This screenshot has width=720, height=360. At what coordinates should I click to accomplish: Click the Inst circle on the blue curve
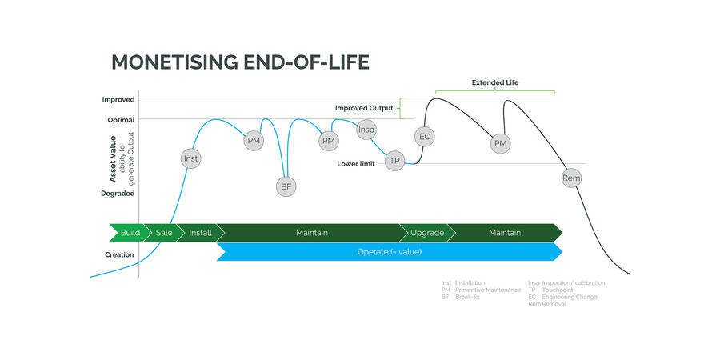[x=190, y=158]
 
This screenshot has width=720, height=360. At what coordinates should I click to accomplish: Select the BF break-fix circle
[x=286, y=186]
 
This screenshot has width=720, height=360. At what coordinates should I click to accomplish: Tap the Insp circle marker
[x=366, y=130]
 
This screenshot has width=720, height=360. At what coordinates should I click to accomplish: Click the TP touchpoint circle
[x=394, y=161]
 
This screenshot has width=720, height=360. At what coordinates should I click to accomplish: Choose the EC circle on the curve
[x=425, y=136]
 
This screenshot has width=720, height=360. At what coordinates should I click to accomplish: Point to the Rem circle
[x=571, y=178]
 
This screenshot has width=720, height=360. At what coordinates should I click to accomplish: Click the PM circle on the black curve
[x=501, y=143]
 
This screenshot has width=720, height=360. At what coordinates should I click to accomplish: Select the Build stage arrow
[x=129, y=233]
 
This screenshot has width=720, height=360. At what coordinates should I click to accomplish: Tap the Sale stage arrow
[x=163, y=233]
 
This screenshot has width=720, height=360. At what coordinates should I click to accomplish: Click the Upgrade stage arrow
[x=427, y=233]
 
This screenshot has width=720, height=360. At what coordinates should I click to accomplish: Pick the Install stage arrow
[x=200, y=233]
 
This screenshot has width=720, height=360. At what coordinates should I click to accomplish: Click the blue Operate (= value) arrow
[x=389, y=252]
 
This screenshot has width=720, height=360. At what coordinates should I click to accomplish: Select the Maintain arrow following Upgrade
[x=504, y=233]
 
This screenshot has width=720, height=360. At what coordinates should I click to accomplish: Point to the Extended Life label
[x=494, y=82]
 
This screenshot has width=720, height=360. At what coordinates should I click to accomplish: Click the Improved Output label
[x=364, y=107]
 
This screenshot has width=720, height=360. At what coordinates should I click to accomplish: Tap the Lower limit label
[x=356, y=164]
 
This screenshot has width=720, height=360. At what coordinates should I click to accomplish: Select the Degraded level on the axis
[x=118, y=193]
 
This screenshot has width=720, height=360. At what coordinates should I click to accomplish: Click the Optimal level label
[x=122, y=120]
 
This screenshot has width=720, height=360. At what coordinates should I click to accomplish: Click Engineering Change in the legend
[x=569, y=297]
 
